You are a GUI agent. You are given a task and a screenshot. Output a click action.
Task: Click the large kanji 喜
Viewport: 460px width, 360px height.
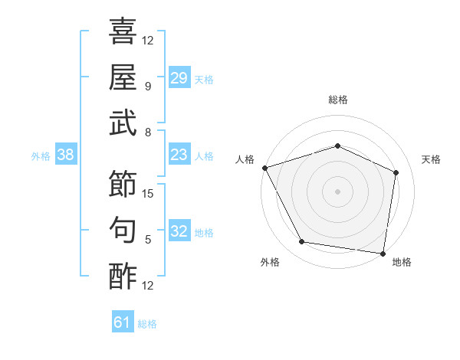click(123, 31)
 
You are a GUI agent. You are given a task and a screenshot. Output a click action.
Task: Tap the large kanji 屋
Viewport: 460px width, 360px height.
click(123, 77)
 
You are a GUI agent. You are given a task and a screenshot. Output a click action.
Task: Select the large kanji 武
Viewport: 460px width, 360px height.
click(123, 123)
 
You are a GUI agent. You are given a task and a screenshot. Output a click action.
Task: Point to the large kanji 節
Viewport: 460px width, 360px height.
click(123, 184)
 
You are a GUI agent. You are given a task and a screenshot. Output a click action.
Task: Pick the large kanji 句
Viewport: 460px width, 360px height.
click(123, 230)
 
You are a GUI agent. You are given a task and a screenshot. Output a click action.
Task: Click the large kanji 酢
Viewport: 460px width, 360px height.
click(123, 276)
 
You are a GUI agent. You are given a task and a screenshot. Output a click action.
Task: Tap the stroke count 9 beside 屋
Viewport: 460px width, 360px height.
click(148, 87)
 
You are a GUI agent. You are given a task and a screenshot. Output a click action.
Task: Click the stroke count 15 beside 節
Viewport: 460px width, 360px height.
click(147, 194)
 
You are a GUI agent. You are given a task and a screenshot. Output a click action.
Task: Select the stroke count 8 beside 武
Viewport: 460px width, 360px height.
click(148, 133)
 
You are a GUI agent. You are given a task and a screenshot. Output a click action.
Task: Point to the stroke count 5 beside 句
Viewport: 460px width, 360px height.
click(148, 239)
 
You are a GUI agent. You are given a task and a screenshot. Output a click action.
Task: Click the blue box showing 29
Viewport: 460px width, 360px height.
click(179, 77)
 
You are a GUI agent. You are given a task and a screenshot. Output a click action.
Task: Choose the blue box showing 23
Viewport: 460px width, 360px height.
click(179, 154)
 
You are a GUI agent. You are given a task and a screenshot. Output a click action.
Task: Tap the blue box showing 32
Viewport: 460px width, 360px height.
click(179, 230)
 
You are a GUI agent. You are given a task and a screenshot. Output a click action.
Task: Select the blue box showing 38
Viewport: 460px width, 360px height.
click(66, 154)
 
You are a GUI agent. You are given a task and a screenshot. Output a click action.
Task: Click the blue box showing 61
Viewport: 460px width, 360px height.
click(123, 321)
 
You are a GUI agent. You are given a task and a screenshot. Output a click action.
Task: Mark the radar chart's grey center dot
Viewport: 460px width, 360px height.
click(337, 191)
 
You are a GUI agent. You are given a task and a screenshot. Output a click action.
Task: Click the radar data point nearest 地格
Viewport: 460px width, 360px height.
click(383, 254)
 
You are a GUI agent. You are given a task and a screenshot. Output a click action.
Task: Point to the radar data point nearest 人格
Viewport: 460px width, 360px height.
click(265, 168)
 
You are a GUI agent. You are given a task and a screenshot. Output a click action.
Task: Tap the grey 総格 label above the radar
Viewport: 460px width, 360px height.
click(338, 100)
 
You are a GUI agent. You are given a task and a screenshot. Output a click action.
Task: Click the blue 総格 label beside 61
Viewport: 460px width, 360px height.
click(147, 324)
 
